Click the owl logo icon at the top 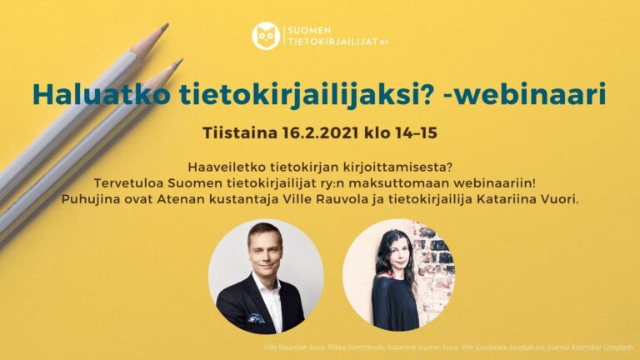pyautogui.click(x=266, y=35)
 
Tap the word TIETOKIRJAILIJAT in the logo pyautogui.click(x=332, y=41)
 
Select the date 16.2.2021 pyautogui.click(x=317, y=132)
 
